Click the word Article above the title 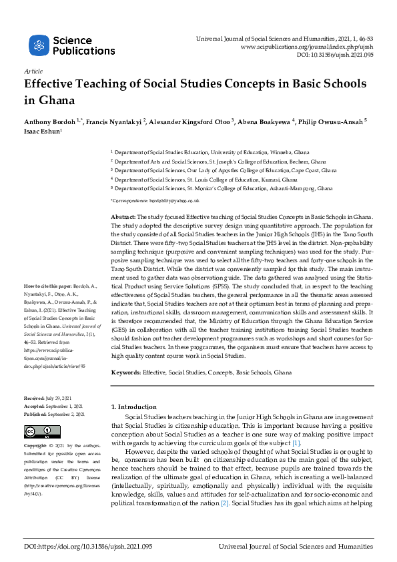33,71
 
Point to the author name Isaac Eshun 42,132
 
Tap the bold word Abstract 123,218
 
